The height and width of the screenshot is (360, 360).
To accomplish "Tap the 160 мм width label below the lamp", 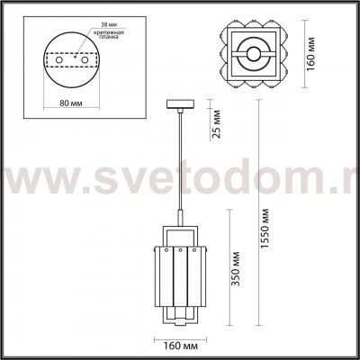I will (x=180, y=344).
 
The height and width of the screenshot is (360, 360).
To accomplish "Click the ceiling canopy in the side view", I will (x=178, y=107).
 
